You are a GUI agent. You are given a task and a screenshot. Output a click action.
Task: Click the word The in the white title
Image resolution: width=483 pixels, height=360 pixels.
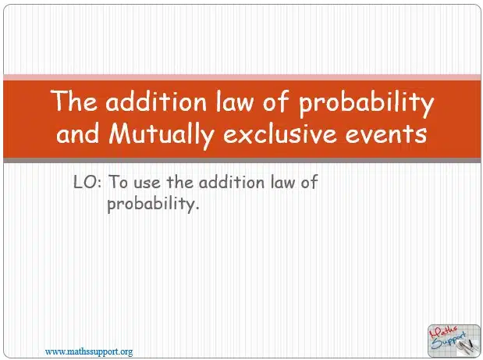(x=73, y=101)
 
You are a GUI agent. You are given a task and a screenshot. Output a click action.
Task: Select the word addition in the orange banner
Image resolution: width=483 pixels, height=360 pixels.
(x=156, y=101)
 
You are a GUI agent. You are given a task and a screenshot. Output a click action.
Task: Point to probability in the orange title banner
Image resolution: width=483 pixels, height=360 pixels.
(x=366, y=104)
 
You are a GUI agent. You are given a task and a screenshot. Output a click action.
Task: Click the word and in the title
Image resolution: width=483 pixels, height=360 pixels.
(x=78, y=134)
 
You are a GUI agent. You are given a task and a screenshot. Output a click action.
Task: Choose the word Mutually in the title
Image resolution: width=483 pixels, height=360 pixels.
(x=162, y=136)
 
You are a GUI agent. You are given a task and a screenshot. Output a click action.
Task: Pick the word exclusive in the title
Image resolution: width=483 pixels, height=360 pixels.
(x=279, y=134)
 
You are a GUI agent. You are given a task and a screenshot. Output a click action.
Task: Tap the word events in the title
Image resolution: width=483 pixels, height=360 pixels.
(x=386, y=134)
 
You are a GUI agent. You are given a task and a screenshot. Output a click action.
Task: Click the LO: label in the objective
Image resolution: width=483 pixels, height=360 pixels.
(x=87, y=182)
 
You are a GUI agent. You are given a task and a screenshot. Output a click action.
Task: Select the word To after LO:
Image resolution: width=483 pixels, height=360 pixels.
(x=119, y=182)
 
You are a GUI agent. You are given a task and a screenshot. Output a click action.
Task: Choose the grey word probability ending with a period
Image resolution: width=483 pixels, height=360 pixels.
(x=153, y=204)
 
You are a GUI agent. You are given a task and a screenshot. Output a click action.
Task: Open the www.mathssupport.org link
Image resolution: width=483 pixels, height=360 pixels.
(x=89, y=351)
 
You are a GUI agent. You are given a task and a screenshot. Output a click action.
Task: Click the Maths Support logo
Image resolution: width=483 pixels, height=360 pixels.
(x=453, y=340)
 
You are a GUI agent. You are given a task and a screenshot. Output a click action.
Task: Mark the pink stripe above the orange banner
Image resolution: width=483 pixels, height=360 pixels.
(x=242, y=77)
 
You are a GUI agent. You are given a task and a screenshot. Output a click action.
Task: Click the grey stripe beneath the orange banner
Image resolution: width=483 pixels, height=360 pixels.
(x=242, y=160)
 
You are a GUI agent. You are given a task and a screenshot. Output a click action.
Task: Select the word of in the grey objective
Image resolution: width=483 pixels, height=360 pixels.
(x=309, y=182)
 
